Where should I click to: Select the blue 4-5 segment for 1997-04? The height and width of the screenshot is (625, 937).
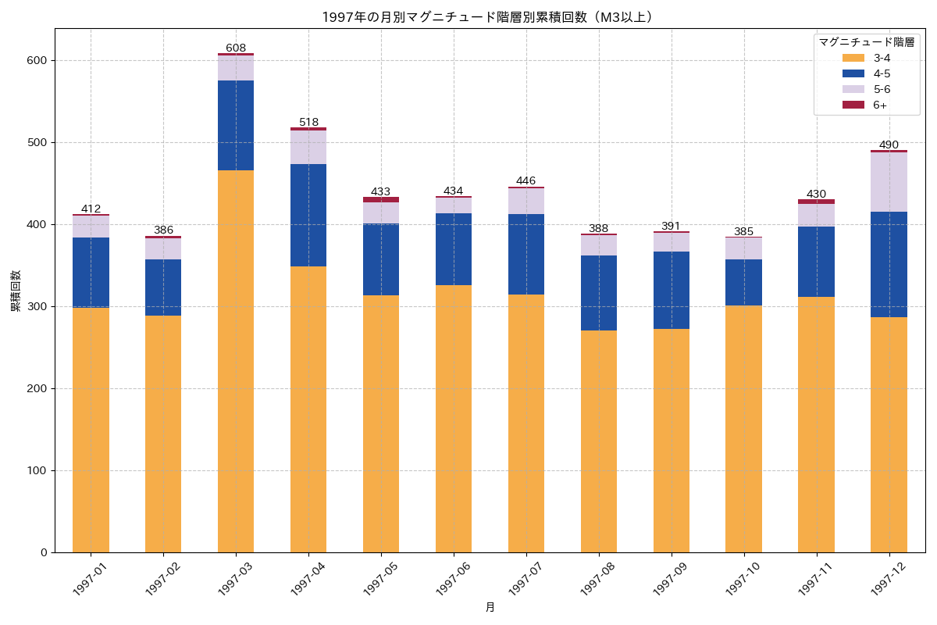coord(308,216)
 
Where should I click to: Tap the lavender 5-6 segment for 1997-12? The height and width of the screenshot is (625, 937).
coord(889,182)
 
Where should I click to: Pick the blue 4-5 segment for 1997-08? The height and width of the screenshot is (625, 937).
coord(599,293)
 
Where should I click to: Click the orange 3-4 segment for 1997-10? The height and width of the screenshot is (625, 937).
coord(743,429)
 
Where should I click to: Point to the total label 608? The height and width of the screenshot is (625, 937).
coord(236,48)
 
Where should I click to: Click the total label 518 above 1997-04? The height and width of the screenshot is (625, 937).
coord(308,122)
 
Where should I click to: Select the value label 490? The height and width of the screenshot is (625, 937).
coord(889,145)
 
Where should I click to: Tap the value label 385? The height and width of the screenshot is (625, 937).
coord(743,231)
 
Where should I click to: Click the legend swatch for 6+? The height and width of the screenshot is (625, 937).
coord(853,105)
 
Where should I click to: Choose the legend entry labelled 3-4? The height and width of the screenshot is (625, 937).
coord(882,58)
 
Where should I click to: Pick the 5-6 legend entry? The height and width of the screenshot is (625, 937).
coord(882,89)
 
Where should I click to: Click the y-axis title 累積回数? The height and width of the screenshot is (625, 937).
coord(16,291)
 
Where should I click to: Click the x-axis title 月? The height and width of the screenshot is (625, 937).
coord(490,608)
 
